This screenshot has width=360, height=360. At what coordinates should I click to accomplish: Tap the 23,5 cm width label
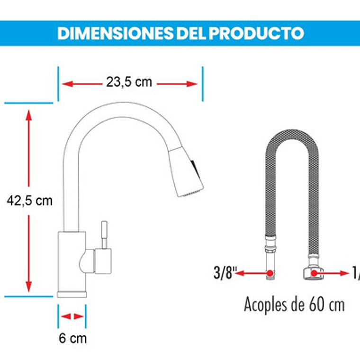(x=129, y=82)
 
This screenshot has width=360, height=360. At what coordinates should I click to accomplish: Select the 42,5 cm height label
(x=29, y=201)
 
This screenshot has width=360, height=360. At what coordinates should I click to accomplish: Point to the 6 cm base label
(x=72, y=339)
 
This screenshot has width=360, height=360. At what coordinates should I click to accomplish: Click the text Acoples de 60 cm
(x=294, y=305)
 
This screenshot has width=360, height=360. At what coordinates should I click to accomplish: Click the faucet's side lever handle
(x=104, y=235)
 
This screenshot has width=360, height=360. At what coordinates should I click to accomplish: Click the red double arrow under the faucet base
(x=72, y=316)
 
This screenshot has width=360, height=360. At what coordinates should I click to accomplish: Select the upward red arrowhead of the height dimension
(x=29, y=116)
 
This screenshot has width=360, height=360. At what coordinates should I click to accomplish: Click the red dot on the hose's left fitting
(x=270, y=273)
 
